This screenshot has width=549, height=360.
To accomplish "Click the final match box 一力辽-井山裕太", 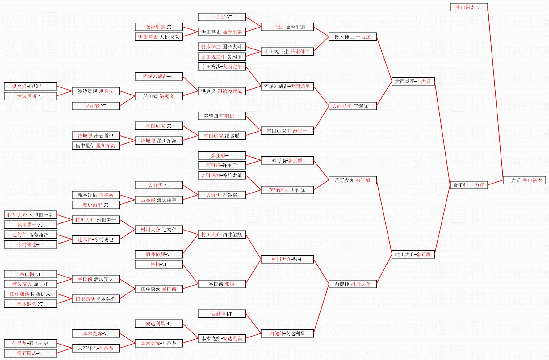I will point(524,180).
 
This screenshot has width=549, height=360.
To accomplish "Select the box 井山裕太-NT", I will point(468,7).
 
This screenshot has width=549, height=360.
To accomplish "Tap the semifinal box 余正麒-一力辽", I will point(468,185).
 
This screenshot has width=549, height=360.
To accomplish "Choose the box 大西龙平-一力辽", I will point(413,81).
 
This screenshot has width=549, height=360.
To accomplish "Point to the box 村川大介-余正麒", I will point(413,254).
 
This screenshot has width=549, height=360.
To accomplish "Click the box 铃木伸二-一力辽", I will point(352,37).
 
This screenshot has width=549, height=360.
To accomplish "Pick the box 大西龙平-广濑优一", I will point(352,106).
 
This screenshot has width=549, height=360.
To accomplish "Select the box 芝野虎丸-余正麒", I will point(352,180).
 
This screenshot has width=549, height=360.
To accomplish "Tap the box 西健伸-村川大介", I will point(352,284).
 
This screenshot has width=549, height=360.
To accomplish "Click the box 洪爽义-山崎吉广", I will point(30,86).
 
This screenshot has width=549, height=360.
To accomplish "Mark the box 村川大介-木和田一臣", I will point(30,215).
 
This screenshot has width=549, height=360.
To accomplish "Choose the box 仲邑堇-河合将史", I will point(30,343).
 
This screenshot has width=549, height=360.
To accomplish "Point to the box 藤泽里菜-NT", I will point(158,27).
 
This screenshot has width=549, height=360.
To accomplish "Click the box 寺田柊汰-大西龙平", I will point(221,66).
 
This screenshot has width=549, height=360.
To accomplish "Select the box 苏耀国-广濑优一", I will point(221,116).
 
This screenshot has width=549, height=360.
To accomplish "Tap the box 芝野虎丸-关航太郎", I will point(221,175).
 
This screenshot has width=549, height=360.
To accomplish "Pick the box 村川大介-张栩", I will point(287,259).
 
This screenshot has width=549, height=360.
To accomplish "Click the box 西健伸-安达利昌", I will point(287,333).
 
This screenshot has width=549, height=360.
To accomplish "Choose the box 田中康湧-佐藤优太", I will point(30,294).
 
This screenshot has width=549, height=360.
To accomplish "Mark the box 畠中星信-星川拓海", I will point(95,146).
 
